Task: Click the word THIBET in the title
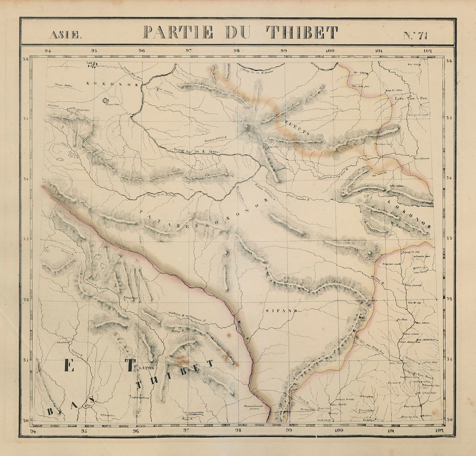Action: click(302, 32)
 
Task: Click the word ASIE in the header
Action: click(64, 35)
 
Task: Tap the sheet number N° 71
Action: click(415, 35)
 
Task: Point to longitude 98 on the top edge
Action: click(237, 51)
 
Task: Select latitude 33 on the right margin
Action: click(449, 239)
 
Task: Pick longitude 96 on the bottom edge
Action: click(136, 431)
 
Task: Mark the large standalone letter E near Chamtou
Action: click(68, 365)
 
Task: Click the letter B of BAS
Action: click(51, 411)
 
